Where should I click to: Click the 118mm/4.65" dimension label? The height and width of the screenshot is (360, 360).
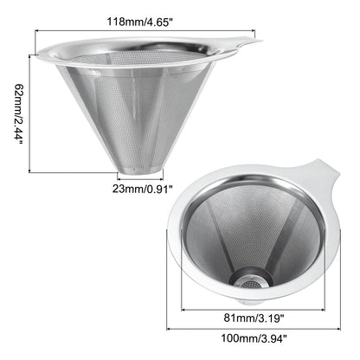pyautogui.click(x=141, y=22)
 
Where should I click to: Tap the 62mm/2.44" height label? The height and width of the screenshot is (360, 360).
pyautogui.click(x=19, y=113)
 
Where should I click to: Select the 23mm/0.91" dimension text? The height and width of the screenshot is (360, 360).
pyautogui.click(x=143, y=189)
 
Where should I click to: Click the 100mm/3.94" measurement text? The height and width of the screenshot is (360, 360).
pyautogui.click(x=254, y=337)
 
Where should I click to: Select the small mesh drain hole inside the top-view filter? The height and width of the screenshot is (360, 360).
pyautogui.click(x=250, y=284)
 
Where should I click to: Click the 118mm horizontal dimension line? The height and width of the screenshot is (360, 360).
pyautogui.click(x=145, y=30)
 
